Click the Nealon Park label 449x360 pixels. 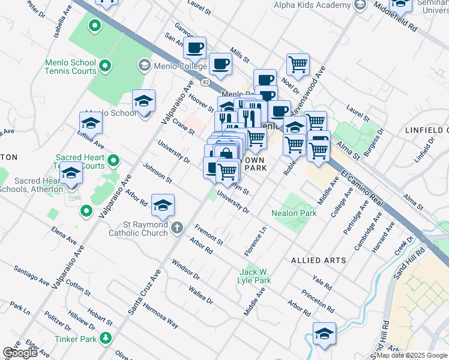coord(294,213)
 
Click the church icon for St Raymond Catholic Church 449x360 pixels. coord(176,228)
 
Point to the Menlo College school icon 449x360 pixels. coord(144,64)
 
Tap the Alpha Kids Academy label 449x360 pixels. coord(312,5)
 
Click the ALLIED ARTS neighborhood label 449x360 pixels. coord(319,260)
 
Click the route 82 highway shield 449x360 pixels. coord(206,81)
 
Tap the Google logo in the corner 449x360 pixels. coord(20,353)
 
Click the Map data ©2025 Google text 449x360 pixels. coord(412,355)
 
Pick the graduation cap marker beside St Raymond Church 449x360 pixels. coord(163,205)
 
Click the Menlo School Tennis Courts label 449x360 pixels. coord(70,67)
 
